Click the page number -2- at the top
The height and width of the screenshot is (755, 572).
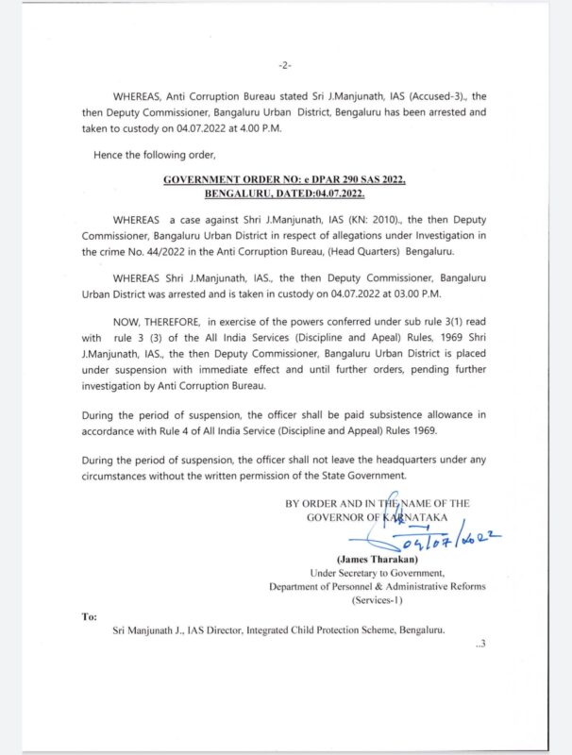coord(285,65)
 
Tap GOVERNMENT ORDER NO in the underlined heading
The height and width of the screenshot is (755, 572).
coord(225,178)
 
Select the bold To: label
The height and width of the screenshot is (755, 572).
coord(90,614)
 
